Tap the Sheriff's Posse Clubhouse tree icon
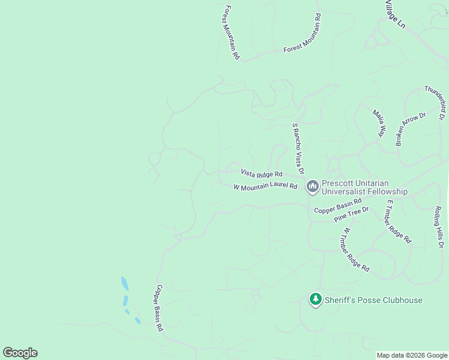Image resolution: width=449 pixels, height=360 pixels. (x=316, y=299)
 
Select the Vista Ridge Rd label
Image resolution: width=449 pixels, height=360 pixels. (x=262, y=173)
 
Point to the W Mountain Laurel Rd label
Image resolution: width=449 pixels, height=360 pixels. (x=265, y=187)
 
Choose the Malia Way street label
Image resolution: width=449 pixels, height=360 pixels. (x=379, y=123)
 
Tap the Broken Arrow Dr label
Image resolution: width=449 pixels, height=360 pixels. (x=410, y=128)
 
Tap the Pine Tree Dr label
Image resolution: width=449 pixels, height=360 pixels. (x=351, y=214)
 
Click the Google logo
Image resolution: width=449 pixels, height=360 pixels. (x=20, y=353)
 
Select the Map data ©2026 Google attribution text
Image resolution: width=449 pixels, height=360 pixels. (x=412, y=355)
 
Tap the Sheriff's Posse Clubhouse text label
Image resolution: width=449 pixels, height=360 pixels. (x=373, y=300)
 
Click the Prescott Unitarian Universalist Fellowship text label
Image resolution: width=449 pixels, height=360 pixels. (x=364, y=187)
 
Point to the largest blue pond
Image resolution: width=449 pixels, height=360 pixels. (x=124, y=283)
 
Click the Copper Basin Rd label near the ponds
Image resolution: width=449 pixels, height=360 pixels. (x=158, y=308)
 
